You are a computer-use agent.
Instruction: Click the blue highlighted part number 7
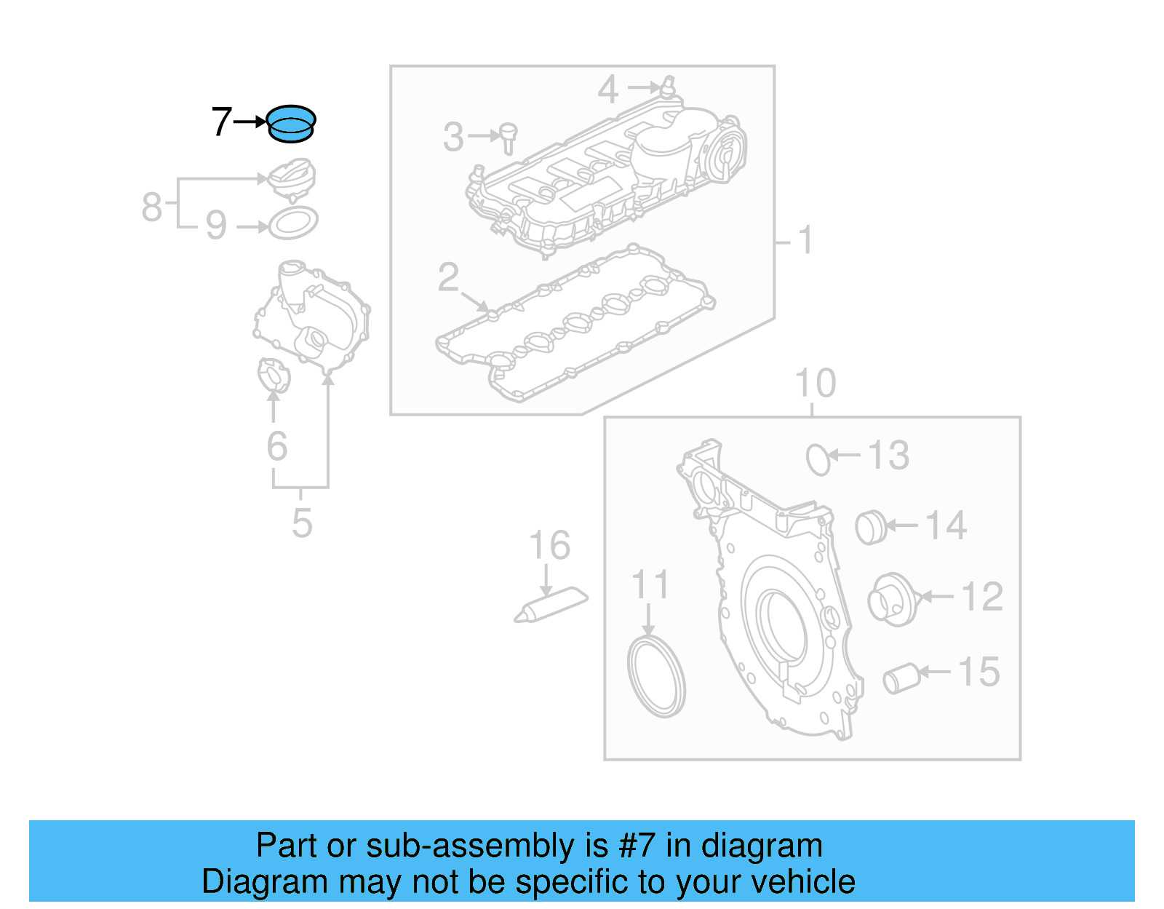pyautogui.click(x=291, y=123)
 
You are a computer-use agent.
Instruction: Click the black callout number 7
pyautogui.click(x=221, y=122)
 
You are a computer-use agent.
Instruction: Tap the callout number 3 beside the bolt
pyautogui.click(x=453, y=137)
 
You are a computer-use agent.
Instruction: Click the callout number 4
pyautogui.click(x=607, y=90)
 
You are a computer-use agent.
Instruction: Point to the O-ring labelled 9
pyautogui.click(x=293, y=223)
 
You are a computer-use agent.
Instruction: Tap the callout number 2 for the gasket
pyautogui.click(x=448, y=277)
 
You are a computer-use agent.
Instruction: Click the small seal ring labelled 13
pyautogui.click(x=818, y=459)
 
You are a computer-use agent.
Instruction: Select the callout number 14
pyautogui.click(x=946, y=525)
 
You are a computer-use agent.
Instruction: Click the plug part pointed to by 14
pyautogui.click(x=871, y=528)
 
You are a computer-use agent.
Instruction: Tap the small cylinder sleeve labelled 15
pyautogui.click(x=902, y=678)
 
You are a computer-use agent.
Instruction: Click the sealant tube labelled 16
pyautogui.click(x=551, y=606)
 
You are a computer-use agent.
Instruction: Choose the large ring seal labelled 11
pyautogui.click(x=656, y=678)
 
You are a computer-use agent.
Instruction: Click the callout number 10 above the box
pyautogui.click(x=815, y=383)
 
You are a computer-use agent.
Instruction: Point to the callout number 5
pyautogui.click(x=302, y=523)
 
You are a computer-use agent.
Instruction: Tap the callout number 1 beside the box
pyautogui.click(x=805, y=239)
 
